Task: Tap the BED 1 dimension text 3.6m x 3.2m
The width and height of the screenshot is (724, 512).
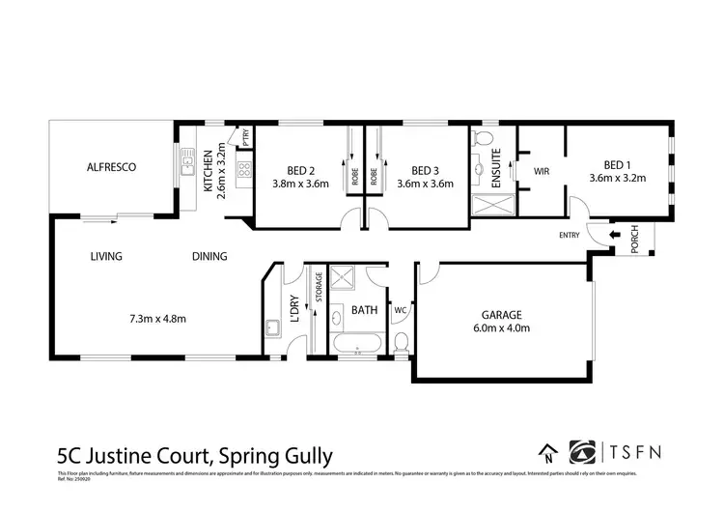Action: [x=618, y=178]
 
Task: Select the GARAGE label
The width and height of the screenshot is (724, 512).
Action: [x=502, y=314]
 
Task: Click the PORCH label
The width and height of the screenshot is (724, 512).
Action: [x=634, y=241]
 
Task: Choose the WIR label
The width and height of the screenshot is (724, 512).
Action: [x=542, y=170]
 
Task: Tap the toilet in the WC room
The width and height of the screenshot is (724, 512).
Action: [x=402, y=341]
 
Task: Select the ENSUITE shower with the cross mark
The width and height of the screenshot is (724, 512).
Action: [x=487, y=205]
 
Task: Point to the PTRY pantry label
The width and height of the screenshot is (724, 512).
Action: [x=246, y=138]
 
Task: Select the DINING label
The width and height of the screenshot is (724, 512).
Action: [x=209, y=257]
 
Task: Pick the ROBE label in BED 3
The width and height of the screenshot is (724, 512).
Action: [x=368, y=177]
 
